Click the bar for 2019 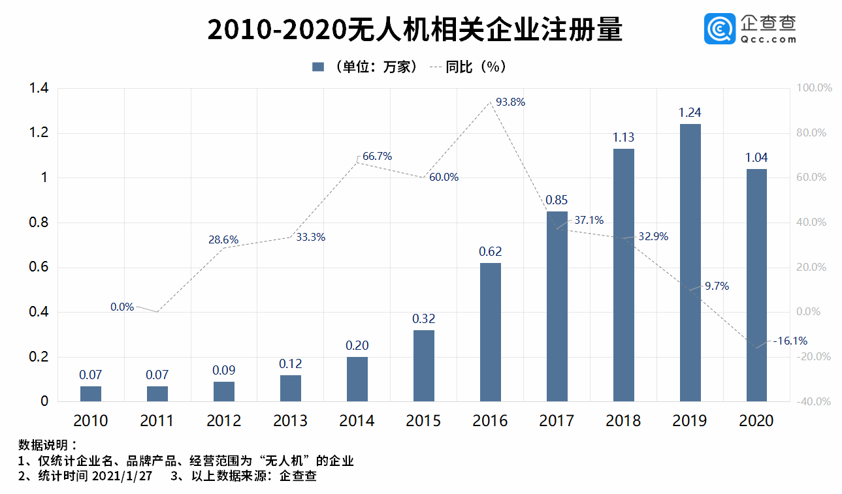click(690, 262)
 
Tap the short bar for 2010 click(91, 394)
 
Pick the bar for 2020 click(756, 285)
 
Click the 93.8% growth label click(510, 102)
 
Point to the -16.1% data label click(790, 341)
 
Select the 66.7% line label click(377, 157)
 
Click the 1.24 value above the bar click(690, 113)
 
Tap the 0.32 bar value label click(423, 319)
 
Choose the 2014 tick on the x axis click(357, 421)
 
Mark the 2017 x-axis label click(557, 421)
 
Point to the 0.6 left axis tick click(39, 268)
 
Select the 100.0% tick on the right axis click(813, 88)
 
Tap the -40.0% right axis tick click(813, 401)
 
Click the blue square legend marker click(318, 67)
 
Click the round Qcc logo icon click(719, 29)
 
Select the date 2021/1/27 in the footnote click(122, 476)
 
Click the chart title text click(415, 31)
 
